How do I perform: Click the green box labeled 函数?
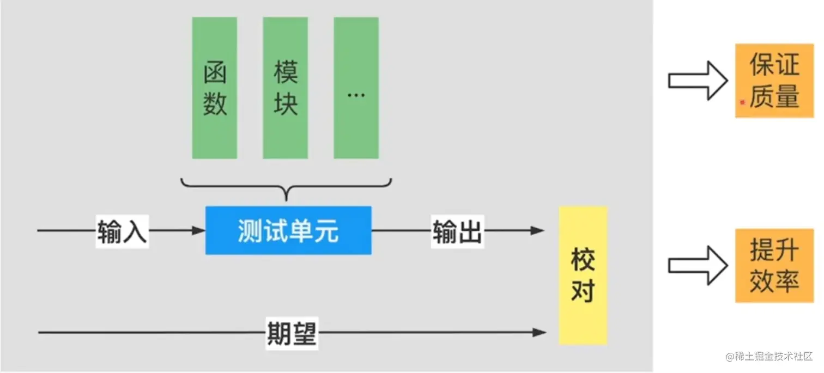(214, 88)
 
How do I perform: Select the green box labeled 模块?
(285, 88)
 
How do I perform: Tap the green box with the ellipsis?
(356, 88)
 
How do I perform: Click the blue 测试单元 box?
(288, 230)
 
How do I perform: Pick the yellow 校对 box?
(583, 275)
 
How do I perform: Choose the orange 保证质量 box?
(774, 81)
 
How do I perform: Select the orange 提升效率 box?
(774, 265)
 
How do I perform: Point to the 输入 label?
(122, 231)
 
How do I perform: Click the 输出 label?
(457, 231)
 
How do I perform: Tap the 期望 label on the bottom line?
(292, 332)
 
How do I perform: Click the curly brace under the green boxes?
(286, 188)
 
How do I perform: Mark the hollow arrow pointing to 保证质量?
(698, 81)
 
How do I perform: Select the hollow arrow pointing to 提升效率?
(698, 265)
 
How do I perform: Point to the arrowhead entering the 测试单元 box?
(199, 231)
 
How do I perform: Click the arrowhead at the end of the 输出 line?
(538, 231)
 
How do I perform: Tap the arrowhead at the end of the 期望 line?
(540, 332)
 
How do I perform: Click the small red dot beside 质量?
(742, 101)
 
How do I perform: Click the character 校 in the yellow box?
(583, 260)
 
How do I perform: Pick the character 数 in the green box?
(215, 103)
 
